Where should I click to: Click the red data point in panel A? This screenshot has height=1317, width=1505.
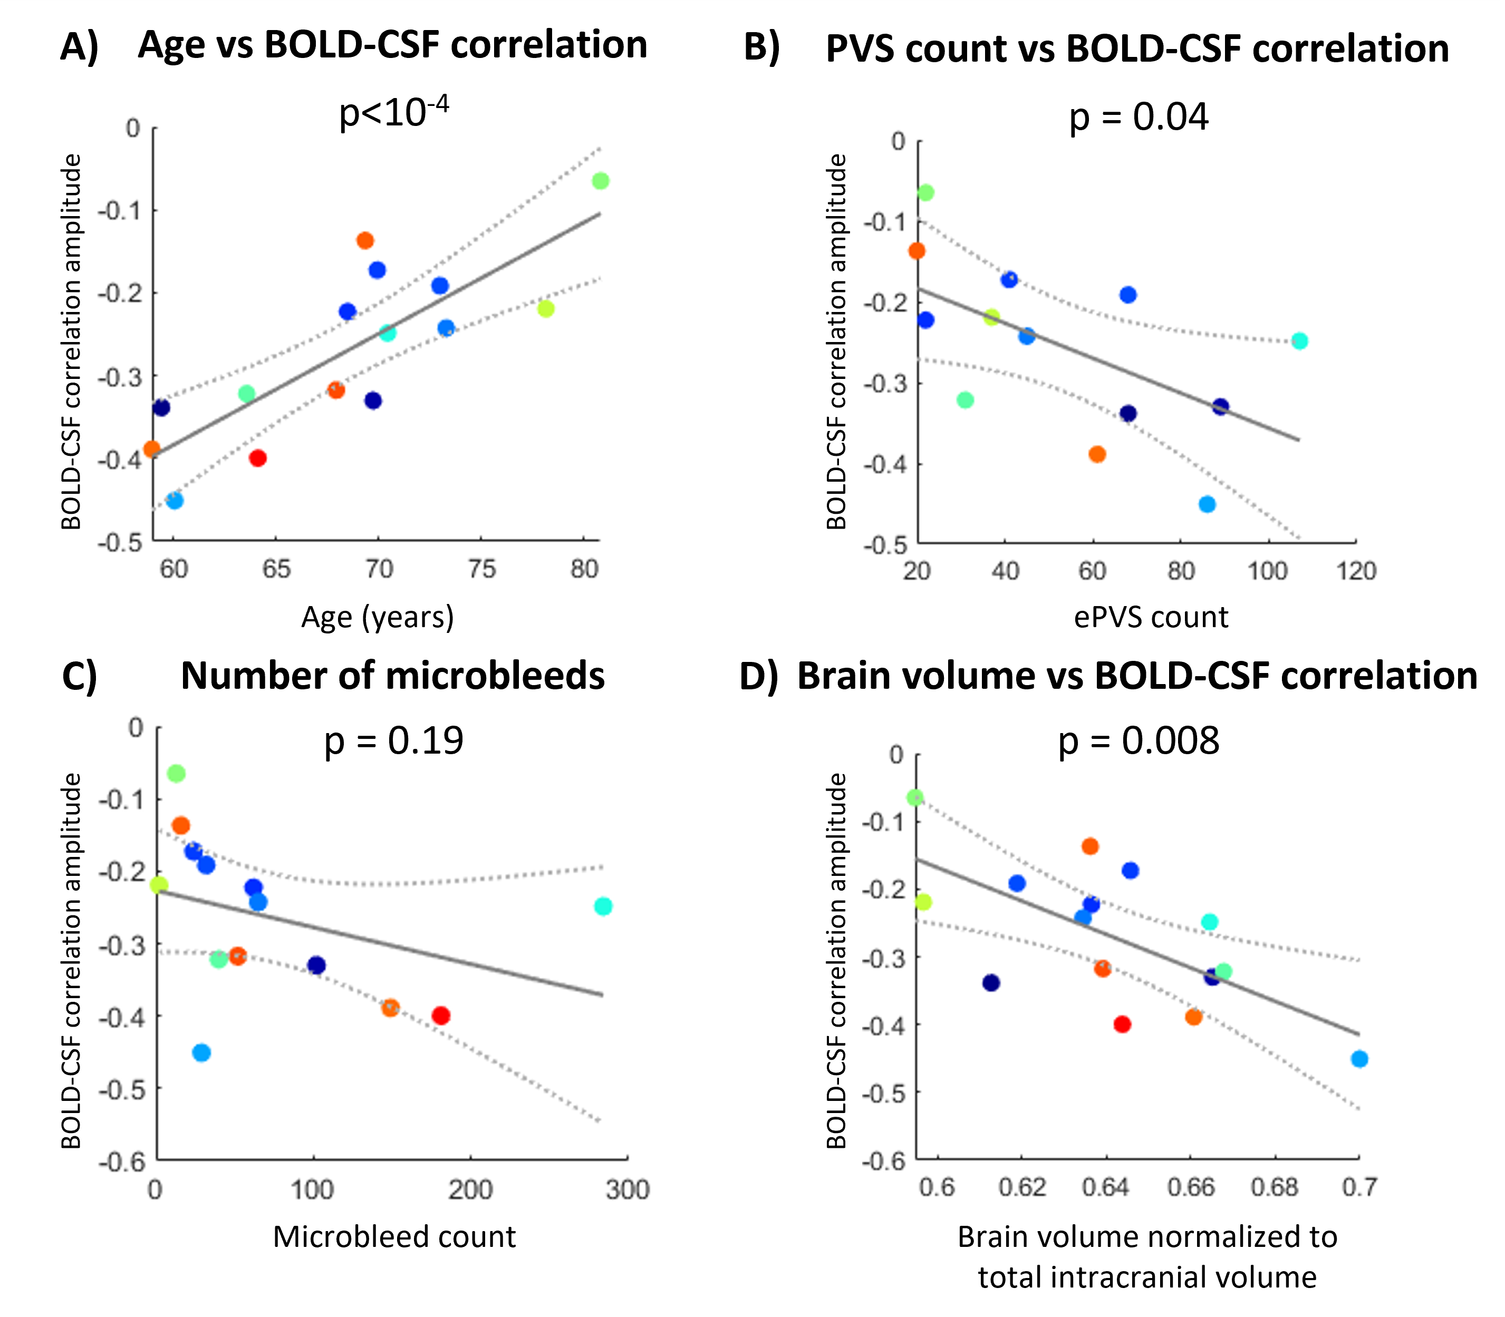point(257,458)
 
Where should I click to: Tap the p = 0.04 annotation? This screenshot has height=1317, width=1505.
point(1138,117)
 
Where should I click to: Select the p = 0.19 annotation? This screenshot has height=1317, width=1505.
point(394,740)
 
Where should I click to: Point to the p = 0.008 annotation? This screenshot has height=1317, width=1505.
point(1138,740)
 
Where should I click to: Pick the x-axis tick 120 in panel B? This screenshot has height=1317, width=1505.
point(1356,571)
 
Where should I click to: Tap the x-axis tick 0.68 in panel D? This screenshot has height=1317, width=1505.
point(1274,1187)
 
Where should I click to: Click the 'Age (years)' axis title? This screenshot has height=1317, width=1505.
point(377,617)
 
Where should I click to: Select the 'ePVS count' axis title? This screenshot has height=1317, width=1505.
point(1151,617)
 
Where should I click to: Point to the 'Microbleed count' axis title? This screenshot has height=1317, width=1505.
point(394,1237)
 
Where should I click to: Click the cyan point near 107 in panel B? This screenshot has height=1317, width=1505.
point(1299,341)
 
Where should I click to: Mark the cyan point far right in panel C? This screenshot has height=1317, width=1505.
point(603,906)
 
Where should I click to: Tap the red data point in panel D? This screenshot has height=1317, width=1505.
point(1122,1024)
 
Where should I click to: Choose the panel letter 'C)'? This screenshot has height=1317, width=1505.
point(80,676)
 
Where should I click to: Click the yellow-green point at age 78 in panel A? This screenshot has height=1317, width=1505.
point(546,309)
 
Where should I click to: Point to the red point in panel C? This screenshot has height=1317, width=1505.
point(440,1016)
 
